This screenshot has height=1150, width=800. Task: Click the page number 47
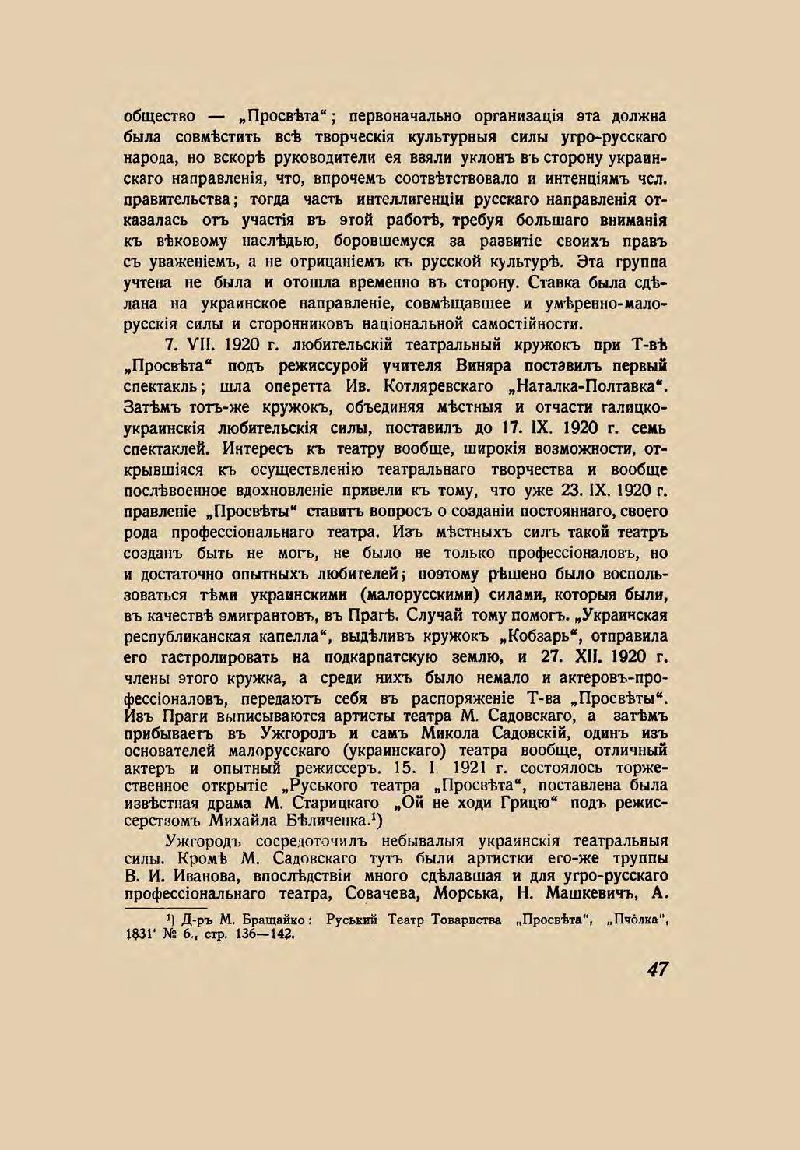coord(656,969)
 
